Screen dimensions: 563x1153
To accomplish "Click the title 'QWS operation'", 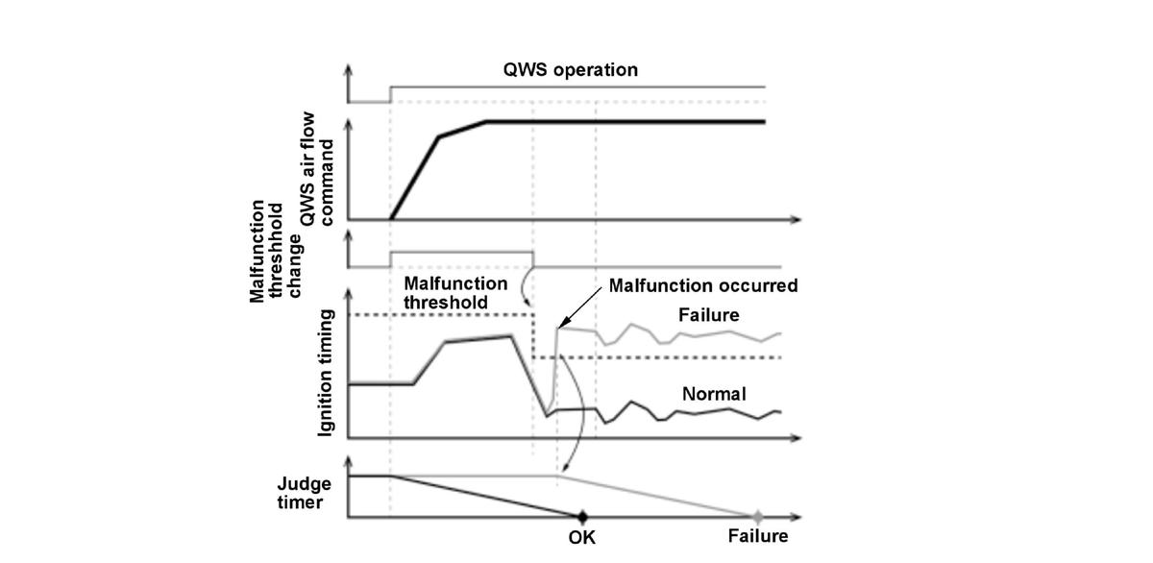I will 571,70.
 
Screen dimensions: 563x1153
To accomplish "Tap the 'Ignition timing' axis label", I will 327,373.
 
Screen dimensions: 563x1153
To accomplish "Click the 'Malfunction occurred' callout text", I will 703,286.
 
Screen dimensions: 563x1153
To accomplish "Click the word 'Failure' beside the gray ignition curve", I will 712,314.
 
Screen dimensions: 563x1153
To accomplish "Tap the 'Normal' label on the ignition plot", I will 714,394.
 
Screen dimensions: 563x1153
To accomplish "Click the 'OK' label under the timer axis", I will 581,537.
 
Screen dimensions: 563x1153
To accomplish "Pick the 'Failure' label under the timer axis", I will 757,536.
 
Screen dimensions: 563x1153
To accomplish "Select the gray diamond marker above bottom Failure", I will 757,516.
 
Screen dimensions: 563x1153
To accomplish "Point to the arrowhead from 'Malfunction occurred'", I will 560,329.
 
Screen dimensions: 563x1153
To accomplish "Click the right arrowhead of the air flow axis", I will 796,220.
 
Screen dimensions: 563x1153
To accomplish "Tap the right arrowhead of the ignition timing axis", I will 796,438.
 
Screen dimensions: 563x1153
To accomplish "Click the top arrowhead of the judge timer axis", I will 349,461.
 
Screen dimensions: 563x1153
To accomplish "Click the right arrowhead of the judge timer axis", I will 796,518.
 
